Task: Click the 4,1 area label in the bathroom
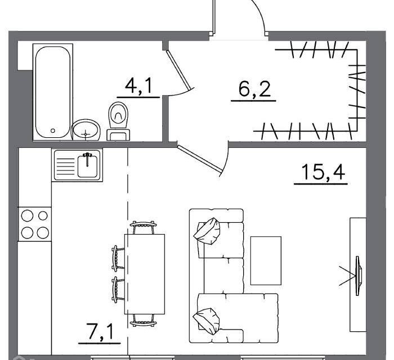pos(138,86)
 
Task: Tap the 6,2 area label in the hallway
pos(254,89)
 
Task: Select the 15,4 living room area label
pos(323,172)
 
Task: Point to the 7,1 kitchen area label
pos(100,332)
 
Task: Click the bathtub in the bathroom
pos(53,92)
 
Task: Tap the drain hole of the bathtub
pos(53,130)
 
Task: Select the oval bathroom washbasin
pos(86,130)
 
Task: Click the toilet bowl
pos(118,115)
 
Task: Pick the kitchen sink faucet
pos(87,159)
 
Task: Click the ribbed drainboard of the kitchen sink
pos(66,166)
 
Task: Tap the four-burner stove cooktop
pos(35,224)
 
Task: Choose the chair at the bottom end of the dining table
pos(143,321)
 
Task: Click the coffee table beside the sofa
pos(266,261)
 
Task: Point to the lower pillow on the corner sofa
pos(207,321)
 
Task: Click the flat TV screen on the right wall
pos(359,276)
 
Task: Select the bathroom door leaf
pos(179,70)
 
